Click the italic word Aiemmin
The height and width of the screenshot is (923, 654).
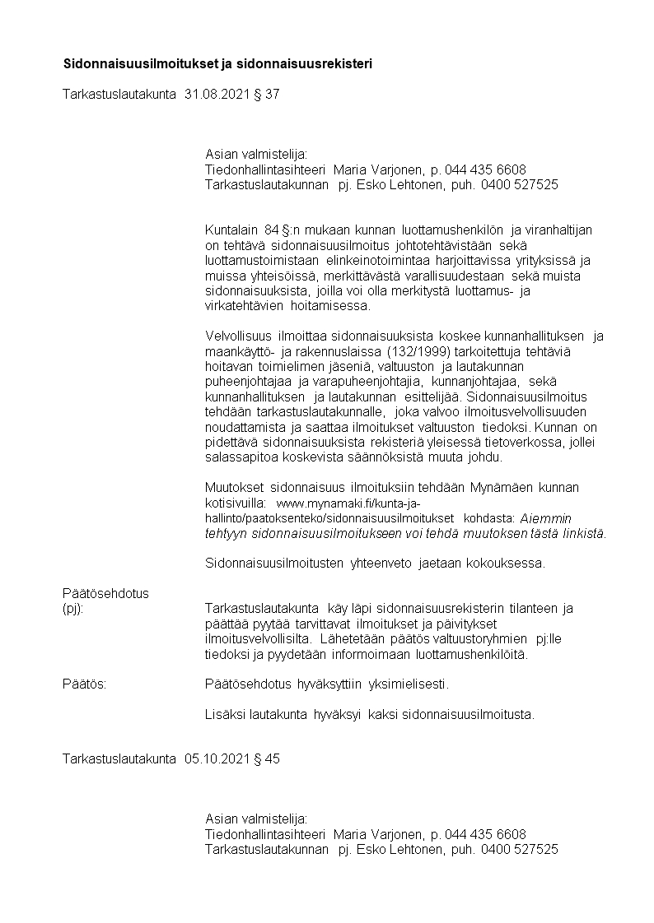[x=546, y=518]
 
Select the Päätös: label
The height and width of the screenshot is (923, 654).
[x=83, y=684]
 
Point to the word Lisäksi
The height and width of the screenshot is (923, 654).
[x=224, y=715]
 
